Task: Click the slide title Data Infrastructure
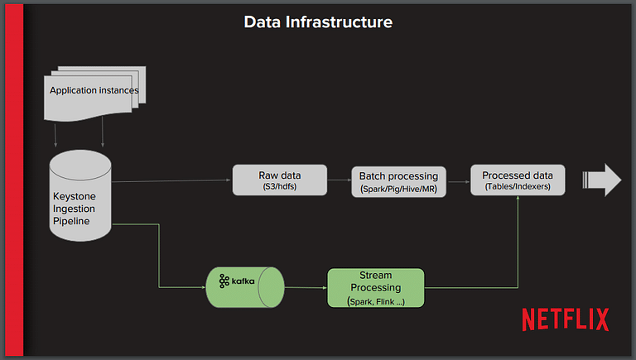(318, 22)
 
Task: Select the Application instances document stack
(95, 94)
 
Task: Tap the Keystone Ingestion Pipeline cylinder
(80, 196)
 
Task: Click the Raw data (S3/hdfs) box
(279, 180)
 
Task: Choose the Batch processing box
(398, 181)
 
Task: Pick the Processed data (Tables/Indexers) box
(518, 180)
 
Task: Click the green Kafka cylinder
(245, 287)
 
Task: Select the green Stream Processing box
(376, 288)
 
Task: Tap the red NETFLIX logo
(566, 319)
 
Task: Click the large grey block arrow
(602, 180)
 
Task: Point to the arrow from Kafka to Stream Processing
(306, 287)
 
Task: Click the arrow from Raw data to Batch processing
(339, 180)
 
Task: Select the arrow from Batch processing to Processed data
(458, 181)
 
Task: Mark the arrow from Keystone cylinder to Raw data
(171, 180)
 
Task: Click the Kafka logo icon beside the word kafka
(224, 281)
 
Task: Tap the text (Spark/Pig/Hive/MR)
(398, 189)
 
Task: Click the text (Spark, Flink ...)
(376, 301)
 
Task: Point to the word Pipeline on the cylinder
(71, 221)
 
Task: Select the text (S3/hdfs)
(279, 186)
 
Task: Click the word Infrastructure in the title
(339, 22)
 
